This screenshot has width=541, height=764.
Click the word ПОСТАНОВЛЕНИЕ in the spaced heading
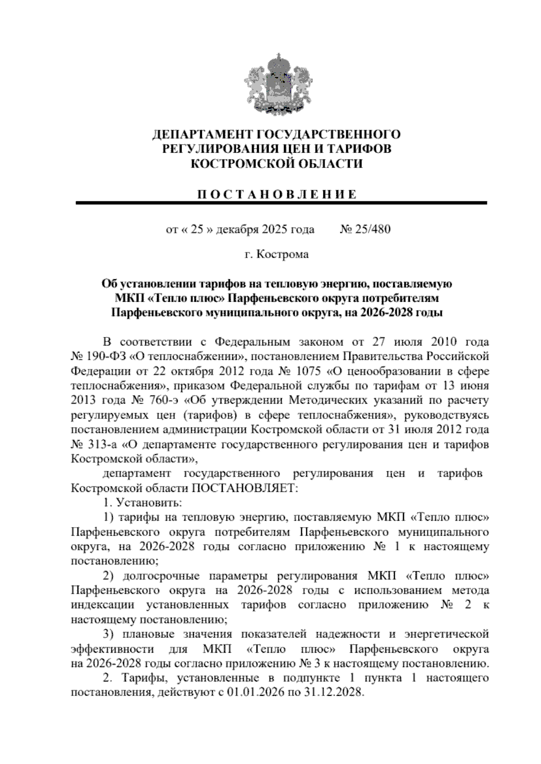click(277, 195)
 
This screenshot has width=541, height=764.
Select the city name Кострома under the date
click(282, 255)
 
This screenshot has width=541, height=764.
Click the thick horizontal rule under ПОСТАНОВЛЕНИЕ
click(281, 204)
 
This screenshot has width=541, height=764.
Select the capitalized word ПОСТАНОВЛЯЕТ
click(245, 488)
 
